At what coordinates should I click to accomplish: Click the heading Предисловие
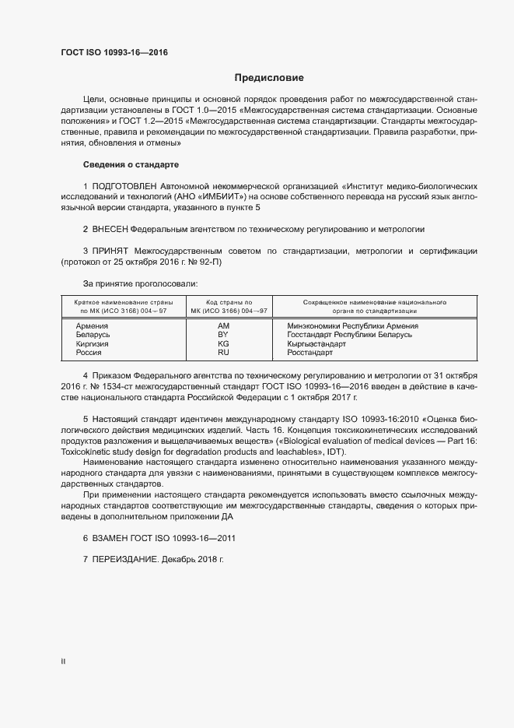tap(269, 78)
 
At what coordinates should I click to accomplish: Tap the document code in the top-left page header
tap(114, 53)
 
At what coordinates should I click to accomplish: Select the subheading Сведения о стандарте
tap(131, 165)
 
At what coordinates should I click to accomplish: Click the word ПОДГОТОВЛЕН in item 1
tap(124, 188)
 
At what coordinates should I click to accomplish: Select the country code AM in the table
tap(224, 325)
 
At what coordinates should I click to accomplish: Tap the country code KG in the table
tap(224, 343)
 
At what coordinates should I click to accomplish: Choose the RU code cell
tap(224, 352)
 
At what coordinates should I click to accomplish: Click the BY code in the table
tap(224, 335)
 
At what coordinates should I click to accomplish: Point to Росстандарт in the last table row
tap(309, 352)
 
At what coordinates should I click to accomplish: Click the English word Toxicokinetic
tap(86, 453)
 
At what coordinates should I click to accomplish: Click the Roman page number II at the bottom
tap(63, 661)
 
